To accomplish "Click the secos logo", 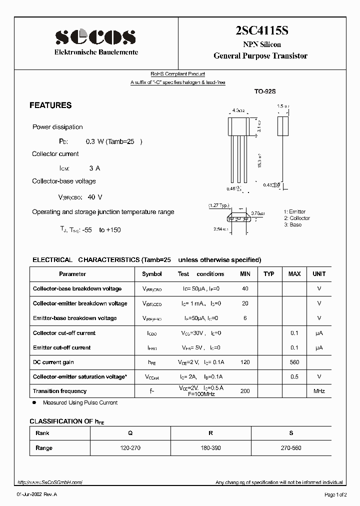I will click(95, 36).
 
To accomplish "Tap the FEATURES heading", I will click(50, 105).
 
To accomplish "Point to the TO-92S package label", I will click(265, 92).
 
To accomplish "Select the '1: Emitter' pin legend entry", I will click(294, 212).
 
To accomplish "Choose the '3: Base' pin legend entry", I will click(292, 224).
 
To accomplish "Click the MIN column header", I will click(245, 274).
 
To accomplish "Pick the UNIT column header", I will click(319, 274).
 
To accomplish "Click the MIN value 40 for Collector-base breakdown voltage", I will click(245, 288).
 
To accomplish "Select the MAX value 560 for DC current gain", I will click(294, 362).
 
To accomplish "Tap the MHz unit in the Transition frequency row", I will click(319, 391).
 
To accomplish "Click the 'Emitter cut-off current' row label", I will click(61, 347).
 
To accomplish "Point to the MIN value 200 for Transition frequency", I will click(245, 391).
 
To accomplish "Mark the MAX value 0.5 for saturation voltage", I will click(294, 376).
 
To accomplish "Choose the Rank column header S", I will click(291, 433).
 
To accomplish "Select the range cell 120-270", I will click(130, 448).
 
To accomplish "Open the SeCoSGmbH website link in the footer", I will click(49, 482).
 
